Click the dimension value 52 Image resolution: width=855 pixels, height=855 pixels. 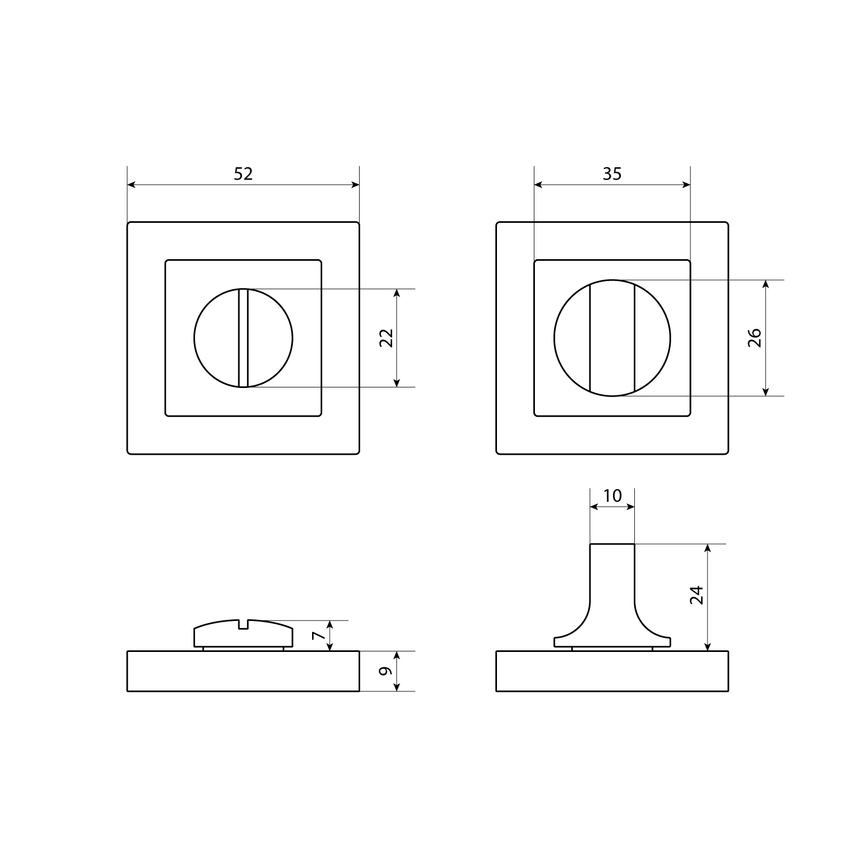[243, 174]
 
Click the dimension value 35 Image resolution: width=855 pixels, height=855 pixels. [612, 174]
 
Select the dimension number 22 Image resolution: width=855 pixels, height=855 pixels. [386, 338]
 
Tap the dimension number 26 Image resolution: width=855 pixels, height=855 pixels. [755, 338]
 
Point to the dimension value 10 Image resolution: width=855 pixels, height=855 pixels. [612, 496]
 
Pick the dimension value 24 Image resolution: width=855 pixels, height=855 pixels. [696, 595]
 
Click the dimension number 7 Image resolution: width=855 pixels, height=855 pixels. [318, 635]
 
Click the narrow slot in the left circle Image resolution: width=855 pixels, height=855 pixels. [244, 338]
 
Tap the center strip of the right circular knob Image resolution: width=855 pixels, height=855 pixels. [612, 338]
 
